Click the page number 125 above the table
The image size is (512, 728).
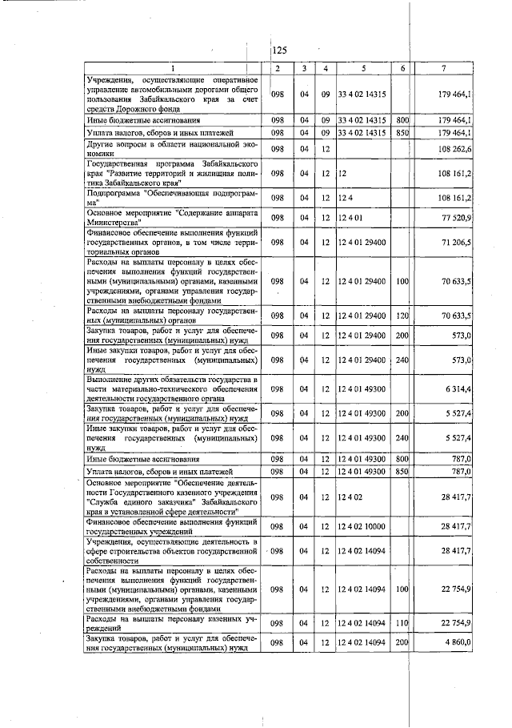click(279, 50)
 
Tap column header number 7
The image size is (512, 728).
click(443, 68)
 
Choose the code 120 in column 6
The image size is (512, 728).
click(402, 316)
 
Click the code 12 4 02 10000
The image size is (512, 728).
click(364, 525)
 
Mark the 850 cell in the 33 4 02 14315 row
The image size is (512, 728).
click(402, 132)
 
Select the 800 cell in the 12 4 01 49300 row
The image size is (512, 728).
click(402, 459)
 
